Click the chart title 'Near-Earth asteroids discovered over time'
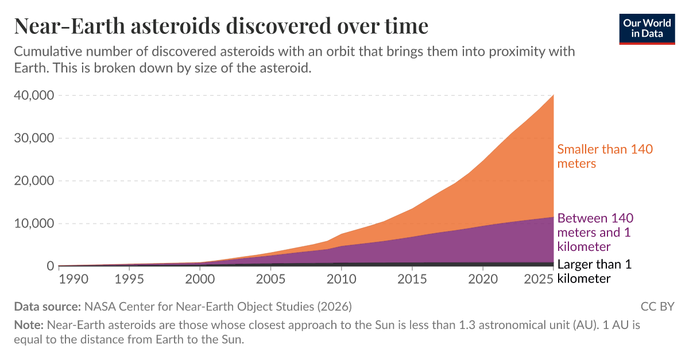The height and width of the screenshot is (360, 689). [x=221, y=26]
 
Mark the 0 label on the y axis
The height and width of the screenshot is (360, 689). [x=51, y=266]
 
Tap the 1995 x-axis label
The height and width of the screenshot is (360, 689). [x=129, y=279]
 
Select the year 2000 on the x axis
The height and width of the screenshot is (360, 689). [x=200, y=279]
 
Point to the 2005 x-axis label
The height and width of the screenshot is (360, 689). [x=270, y=279]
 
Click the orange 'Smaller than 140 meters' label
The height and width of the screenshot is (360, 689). [x=605, y=156]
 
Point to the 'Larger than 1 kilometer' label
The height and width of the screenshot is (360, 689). [x=594, y=271]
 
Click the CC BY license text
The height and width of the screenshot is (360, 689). [x=657, y=306]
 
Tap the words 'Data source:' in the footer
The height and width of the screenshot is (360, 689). [x=48, y=306]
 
